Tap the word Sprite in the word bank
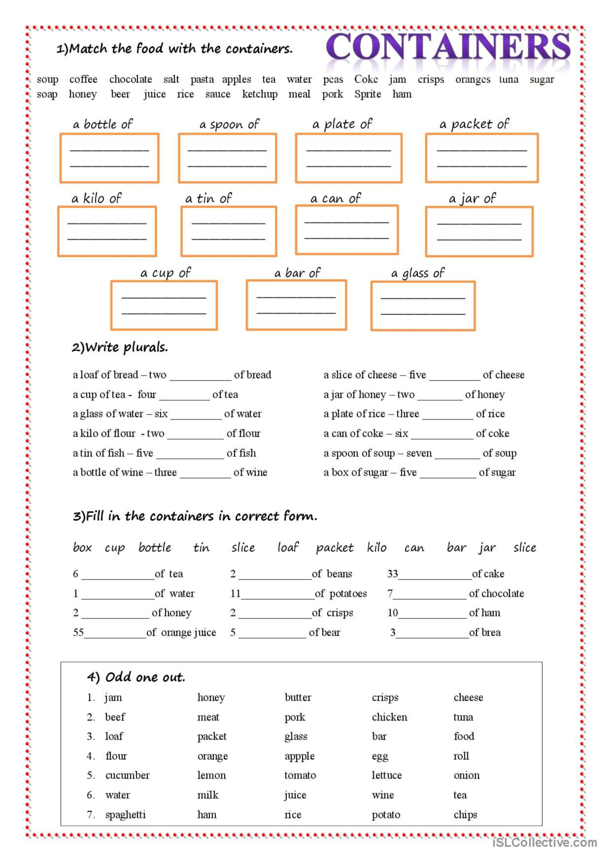point(367,94)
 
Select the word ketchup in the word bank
point(260,94)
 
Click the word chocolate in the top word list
point(130,79)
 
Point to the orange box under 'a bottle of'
point(109,158)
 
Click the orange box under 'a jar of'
point(479,231)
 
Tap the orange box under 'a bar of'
point(296,305)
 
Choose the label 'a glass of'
point(418,273)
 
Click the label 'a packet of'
point(474,124)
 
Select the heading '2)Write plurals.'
point(120,347)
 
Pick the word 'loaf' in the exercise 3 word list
point(288,547)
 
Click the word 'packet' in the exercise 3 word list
point(335,548)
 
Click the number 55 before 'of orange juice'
point(78,632)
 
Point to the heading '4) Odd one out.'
point(136,677)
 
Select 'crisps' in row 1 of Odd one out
point(385,697)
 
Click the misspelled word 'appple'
point(300,756)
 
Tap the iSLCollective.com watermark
point(544,842)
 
